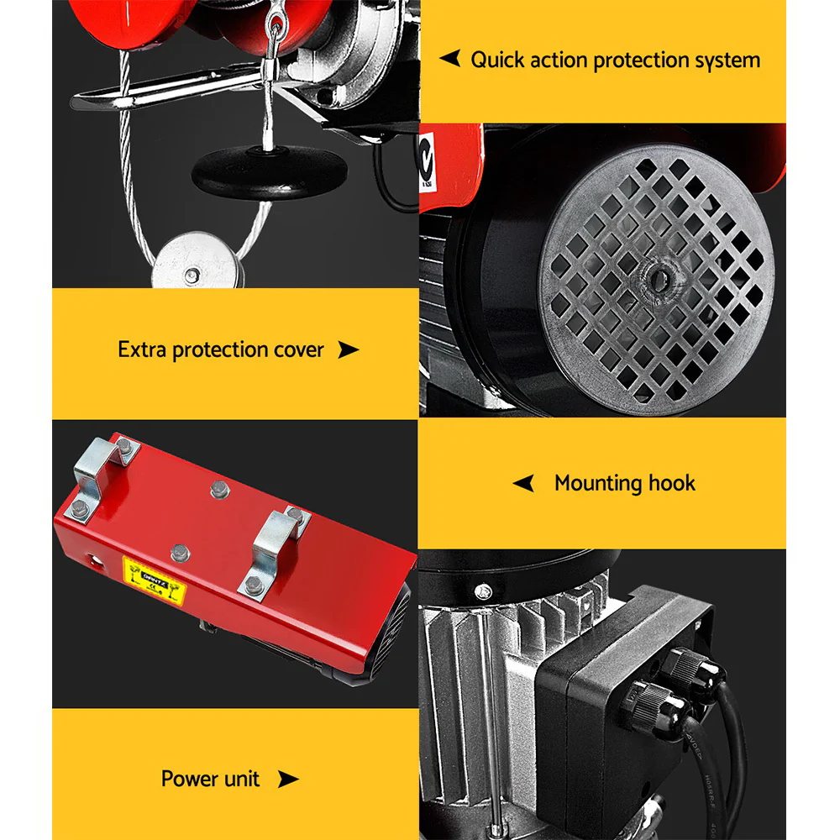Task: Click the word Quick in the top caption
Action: tap(498, 60)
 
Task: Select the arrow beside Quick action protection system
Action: tap(450, 59)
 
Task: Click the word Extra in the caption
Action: tap(142, 349)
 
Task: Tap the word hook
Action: tap(672, 483)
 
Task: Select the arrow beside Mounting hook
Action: tap(523, 483)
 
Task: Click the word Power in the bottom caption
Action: tap(186, 779)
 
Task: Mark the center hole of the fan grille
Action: tap(654, 275)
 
